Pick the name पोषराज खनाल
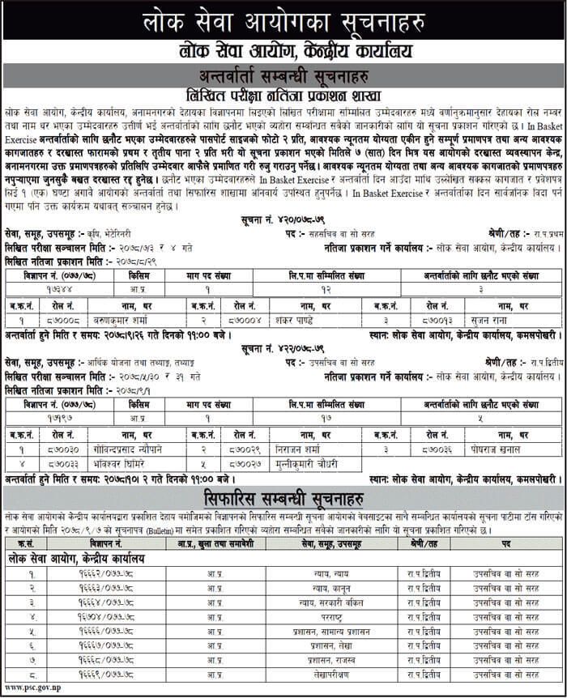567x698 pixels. (x=505, y=448)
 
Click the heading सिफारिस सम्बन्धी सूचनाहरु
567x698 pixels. (x=283, y=496)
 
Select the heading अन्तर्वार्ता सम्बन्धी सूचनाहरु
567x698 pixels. (x=283, y=77)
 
